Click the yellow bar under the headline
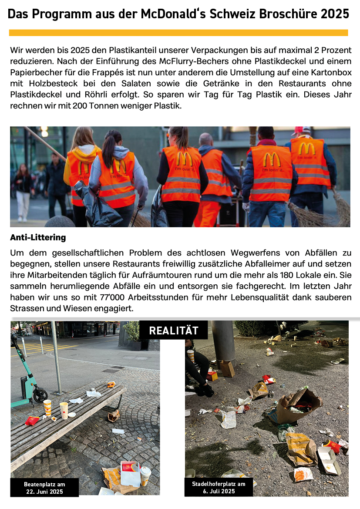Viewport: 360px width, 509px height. [178, 33]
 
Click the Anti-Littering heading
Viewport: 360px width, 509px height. [38, 238]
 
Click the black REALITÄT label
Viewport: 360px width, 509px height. [173, 330]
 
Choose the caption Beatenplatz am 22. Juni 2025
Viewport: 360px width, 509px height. [44, 488]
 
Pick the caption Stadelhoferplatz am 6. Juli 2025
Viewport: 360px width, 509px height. [219, 488]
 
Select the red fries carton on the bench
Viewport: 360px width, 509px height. [32, 421]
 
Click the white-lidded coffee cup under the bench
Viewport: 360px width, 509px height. [145, 475]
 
